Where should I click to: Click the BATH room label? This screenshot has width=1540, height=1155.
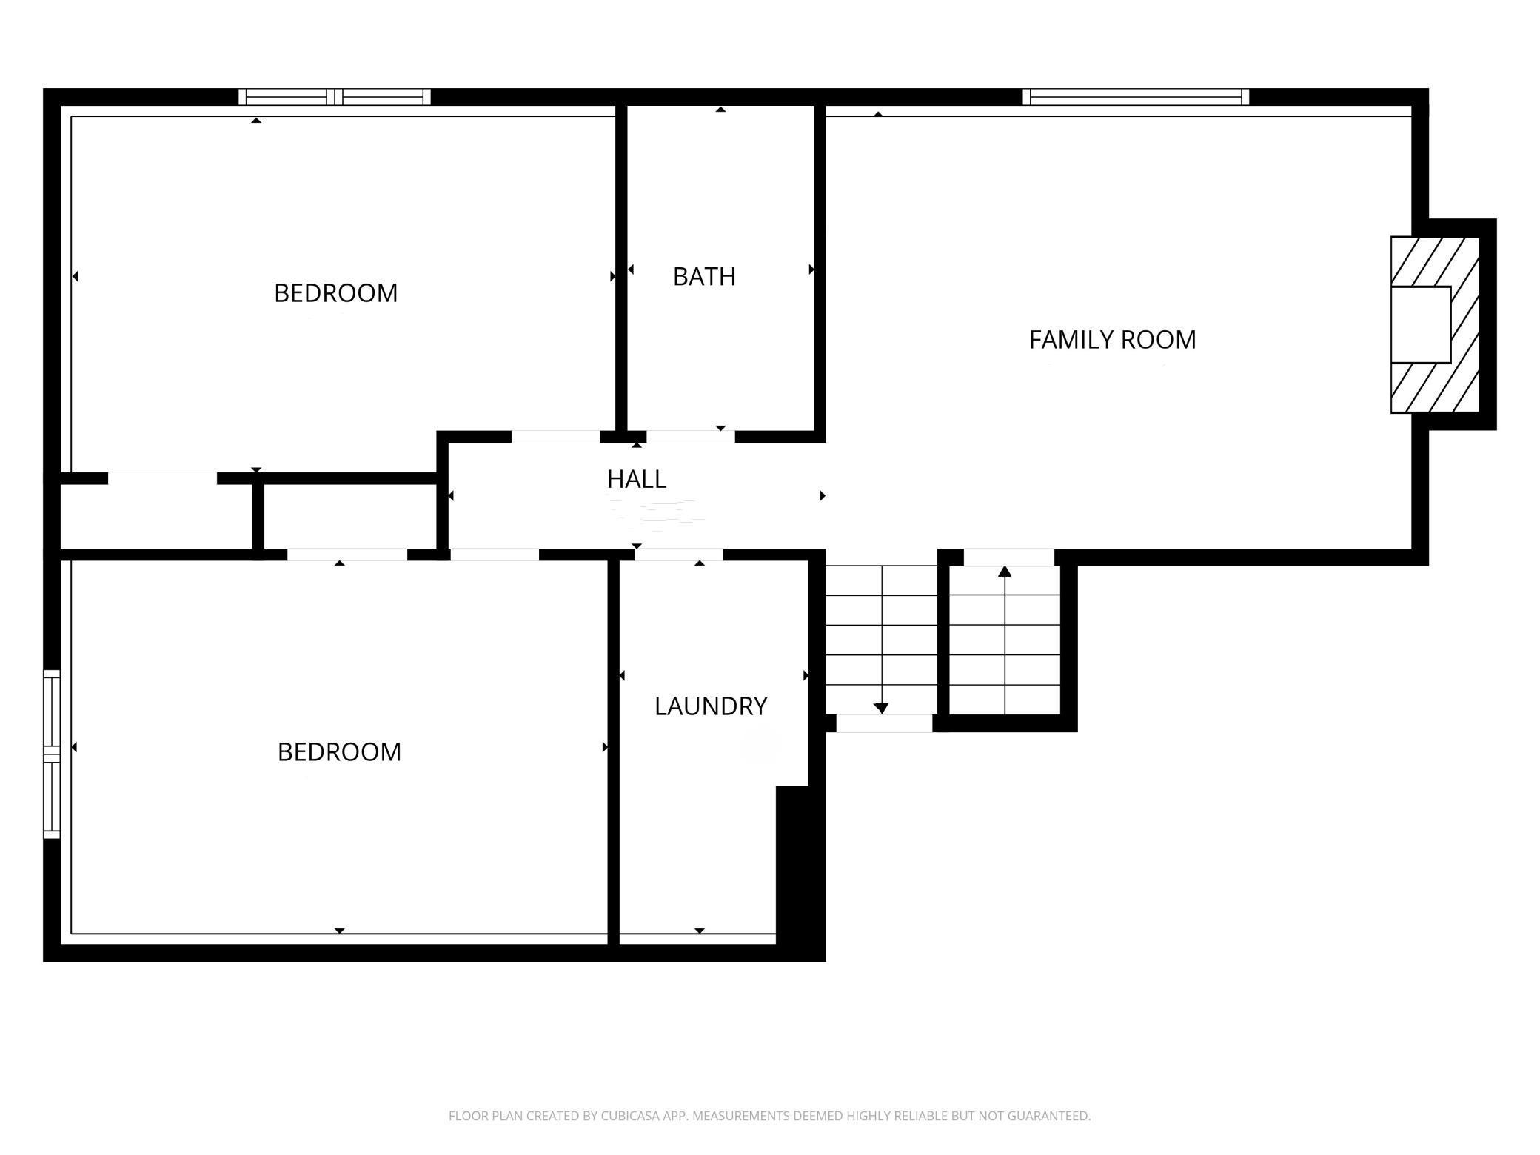point(704,277)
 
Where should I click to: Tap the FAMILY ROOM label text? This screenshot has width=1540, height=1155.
point(1112,340)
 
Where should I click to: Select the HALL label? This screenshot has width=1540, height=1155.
point(637,480)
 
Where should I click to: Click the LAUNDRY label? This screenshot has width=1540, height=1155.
point(710,706)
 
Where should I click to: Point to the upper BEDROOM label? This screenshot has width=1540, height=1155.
point(335,293)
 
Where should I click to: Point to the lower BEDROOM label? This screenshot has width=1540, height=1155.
point(339,752)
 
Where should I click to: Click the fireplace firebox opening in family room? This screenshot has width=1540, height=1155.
point(1420,325)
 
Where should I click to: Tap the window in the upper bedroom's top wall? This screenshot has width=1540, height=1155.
point(335,97)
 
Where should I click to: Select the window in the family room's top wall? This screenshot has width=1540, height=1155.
point(1136,97)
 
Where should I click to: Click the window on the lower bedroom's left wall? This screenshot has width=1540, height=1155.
point(51,754)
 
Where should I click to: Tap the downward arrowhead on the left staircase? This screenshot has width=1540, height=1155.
point(881,709)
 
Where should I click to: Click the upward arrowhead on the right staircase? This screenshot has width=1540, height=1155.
point(1005,571)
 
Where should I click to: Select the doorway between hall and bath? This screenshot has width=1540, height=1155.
point(690,437)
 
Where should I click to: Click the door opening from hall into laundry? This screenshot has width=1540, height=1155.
point(678,555)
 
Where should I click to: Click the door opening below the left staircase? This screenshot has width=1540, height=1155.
point(884,723)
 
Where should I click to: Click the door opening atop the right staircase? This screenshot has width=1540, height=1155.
point(1008,557)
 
